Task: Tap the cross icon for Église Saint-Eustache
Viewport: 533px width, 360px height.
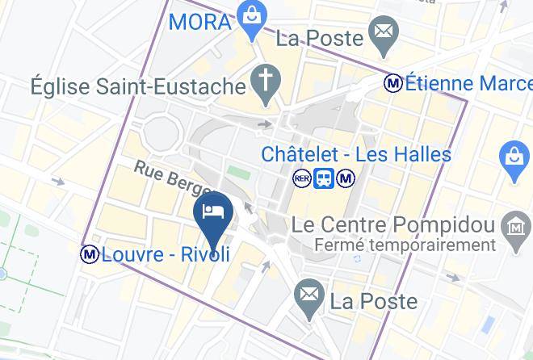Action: (x=264, y=81)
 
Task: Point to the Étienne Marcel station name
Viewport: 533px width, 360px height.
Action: (x=468, y=82)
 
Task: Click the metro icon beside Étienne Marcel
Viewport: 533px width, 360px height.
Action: (x=393, y=82)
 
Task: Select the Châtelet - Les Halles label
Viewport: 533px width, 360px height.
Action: (x=356, y=153)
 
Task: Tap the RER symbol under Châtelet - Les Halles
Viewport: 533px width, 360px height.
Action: (x=302, y=178)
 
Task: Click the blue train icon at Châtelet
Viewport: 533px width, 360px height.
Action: (x=324, y=178)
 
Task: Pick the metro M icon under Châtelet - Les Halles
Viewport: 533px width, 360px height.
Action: (x=346, y=178)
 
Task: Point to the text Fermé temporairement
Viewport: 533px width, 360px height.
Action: (x=405, y=245)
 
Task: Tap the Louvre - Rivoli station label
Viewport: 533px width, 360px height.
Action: (x=166, y=255)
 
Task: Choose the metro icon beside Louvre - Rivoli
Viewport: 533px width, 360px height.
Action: (x=89, y=254)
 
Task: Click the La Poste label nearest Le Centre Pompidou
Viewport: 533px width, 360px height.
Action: (x=374, y=302)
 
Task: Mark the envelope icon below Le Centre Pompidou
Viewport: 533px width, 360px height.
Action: (x=308, y=295)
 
